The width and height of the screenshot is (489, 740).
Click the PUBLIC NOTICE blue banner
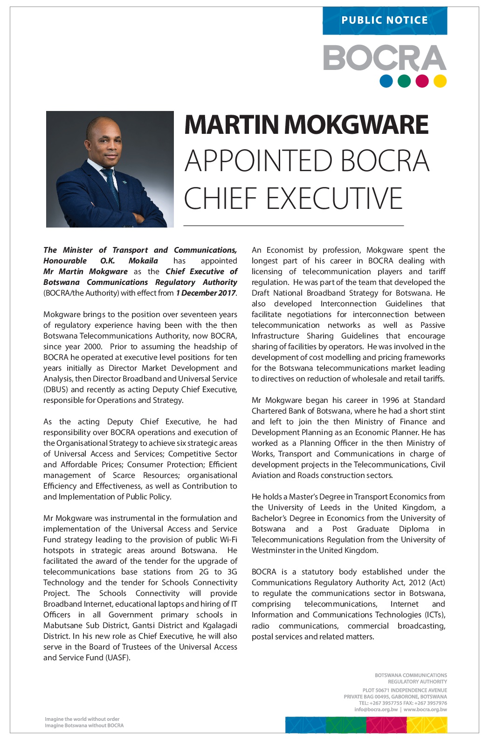coord(385,21)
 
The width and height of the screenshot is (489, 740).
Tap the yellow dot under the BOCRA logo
coord(440,81)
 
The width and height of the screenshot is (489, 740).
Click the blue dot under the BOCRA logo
coord(386,81)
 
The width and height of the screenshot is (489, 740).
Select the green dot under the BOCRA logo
coord(404,81)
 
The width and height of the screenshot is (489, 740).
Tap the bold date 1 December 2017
coord(206,293)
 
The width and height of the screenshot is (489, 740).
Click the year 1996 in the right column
coord(390,400)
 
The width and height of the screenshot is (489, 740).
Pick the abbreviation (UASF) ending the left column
coord(118,658)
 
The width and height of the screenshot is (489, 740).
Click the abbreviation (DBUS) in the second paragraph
coord(56,389)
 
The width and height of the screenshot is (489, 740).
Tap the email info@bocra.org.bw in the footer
coord(376,710)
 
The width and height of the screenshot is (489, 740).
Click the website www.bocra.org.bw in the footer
coord(425,710)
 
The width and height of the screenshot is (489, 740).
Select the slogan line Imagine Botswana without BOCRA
coord(84,726)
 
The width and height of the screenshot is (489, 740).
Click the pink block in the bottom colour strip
coord(386,725)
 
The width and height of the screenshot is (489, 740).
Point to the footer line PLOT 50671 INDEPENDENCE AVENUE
coord(405,690)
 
